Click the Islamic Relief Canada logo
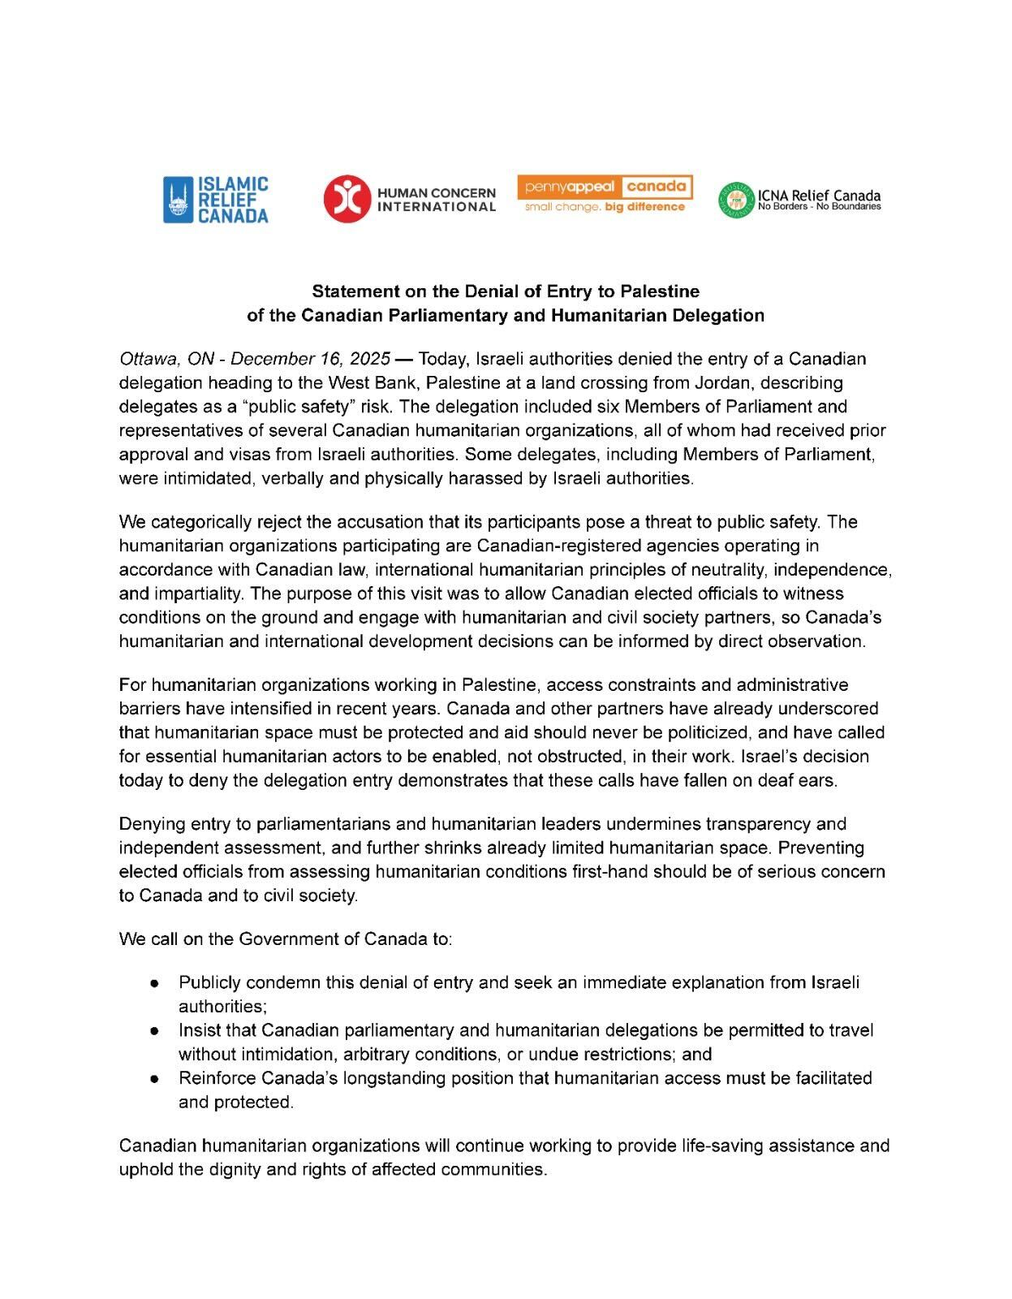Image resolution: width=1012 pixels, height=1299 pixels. [216, 200]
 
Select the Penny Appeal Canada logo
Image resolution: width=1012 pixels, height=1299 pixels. [605, 195]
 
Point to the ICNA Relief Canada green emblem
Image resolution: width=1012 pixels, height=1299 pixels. [736, 201]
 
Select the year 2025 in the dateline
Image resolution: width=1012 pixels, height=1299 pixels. [370, 359]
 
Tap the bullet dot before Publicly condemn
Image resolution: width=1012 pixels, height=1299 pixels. [153, 983]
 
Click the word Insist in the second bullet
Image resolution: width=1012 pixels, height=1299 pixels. [200, 1030]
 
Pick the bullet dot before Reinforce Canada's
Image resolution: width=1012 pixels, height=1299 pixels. [153, 1079]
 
